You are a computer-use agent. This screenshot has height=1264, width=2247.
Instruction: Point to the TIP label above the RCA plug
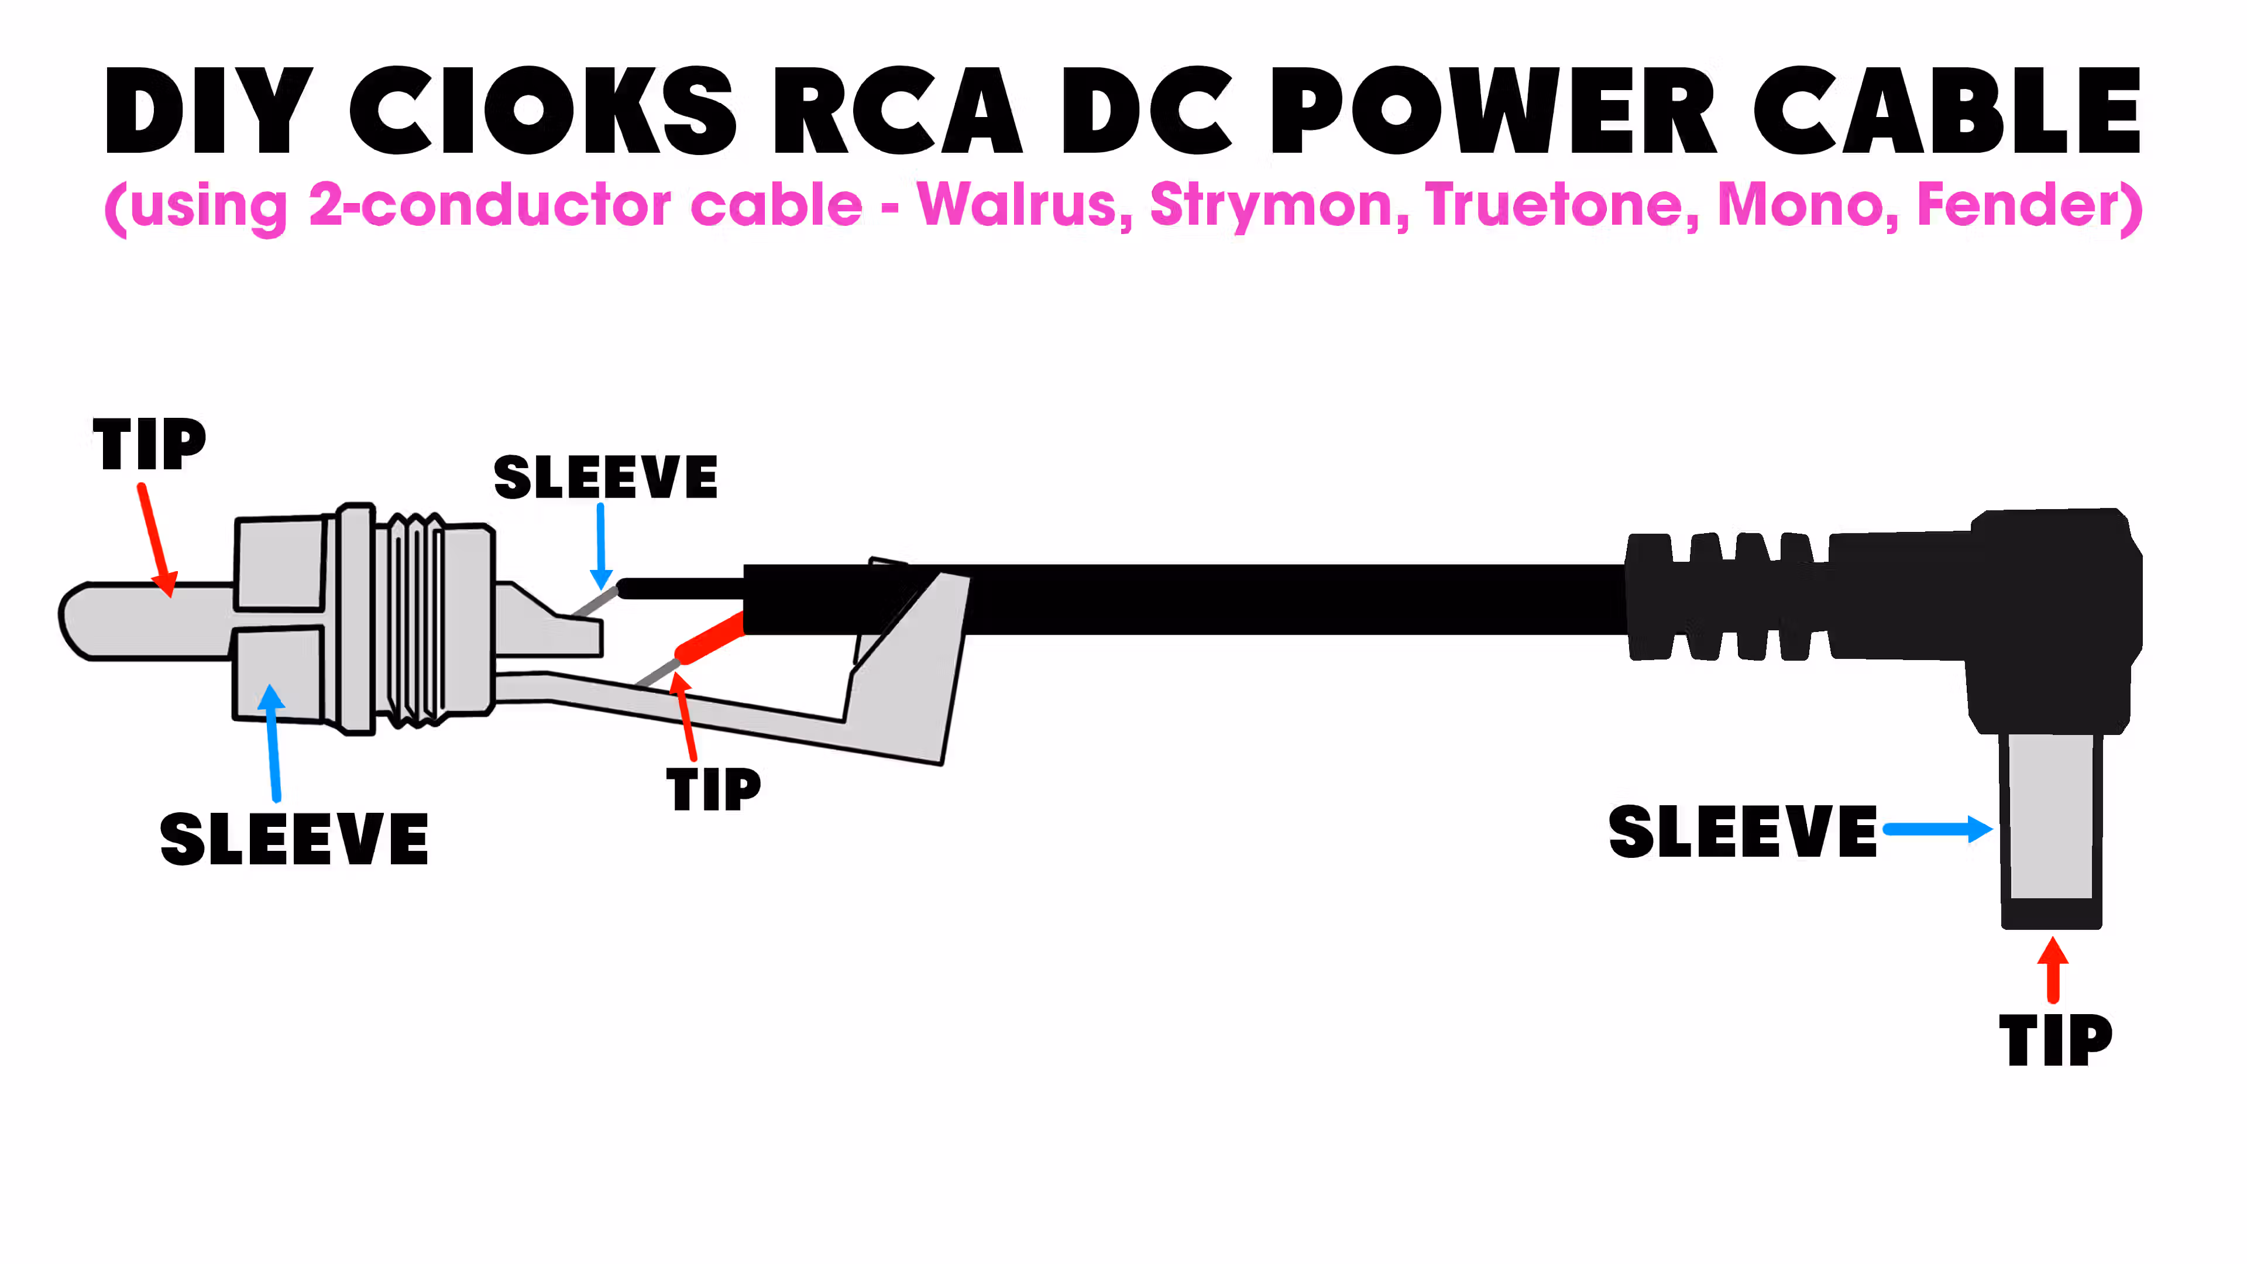pyautogui.click(x=149, y=444)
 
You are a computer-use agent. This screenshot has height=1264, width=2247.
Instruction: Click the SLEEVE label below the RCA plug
pyautogui.click(x=294, y=839)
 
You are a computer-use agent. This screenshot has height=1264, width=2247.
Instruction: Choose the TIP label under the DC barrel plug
pyautogui.click(x=2055, y=1040)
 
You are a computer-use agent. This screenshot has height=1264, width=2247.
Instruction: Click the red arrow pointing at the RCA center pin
pyautogui.click(x=157, y=541)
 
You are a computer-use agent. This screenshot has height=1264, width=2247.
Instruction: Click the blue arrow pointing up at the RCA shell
pyautogui.click(x=273, y=741)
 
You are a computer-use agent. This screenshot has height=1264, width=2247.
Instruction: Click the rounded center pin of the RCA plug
pyautogui.click(x=140, y=621)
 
